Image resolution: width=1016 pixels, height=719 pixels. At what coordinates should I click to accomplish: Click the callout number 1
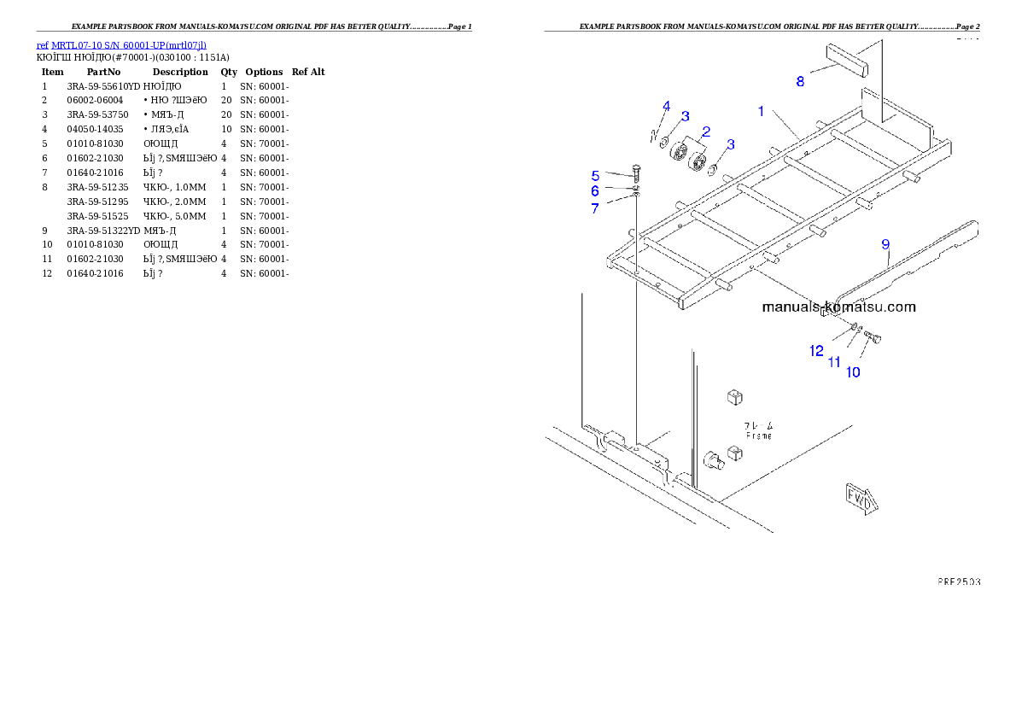pos(760,110)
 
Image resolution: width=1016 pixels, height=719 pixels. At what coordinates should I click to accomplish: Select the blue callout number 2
pos(706,132)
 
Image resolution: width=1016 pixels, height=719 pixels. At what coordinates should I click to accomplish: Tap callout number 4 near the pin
pos(667,106)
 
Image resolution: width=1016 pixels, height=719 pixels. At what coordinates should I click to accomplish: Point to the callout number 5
pos(595,176)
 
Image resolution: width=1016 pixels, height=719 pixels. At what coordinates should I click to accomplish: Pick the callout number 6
pos(595,191)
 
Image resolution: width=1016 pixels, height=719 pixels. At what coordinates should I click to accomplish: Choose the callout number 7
pos(595,208)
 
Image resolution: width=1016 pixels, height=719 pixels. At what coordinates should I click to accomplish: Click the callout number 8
pos(800,81)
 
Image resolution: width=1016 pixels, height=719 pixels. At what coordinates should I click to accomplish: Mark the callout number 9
pos(885,244)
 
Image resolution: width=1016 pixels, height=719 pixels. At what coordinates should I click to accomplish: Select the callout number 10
pos(853,371)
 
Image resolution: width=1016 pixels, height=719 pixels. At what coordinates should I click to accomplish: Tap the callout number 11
pos(834,362)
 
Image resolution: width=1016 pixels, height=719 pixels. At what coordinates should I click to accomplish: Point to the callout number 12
pos(816,350)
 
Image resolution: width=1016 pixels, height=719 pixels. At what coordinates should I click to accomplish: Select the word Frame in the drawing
pos(757,435)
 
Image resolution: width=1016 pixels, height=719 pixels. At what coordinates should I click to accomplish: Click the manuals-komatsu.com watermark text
pos(838,307)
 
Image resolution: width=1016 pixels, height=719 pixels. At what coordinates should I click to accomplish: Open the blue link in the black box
pos(121,44)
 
